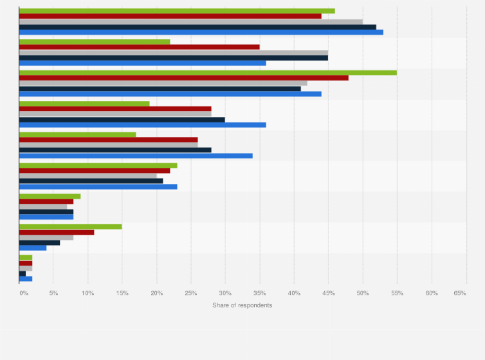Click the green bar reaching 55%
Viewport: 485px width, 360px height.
point(208,73)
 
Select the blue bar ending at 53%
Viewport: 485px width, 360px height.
point(201,32)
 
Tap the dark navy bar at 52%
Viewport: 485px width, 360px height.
point(197,26)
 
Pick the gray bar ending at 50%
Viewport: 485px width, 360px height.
point(190,21)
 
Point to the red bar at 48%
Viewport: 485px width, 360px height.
point(183,78)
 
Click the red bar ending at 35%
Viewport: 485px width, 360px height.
point(139,47)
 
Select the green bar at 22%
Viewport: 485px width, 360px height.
point(95,42)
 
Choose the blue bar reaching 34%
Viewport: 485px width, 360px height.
point(136,155)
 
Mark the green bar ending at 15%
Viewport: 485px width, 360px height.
point(70,226)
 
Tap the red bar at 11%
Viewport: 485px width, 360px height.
point(57,231)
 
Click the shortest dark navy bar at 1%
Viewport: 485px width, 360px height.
point(23,273)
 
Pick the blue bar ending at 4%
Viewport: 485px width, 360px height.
point(33,248)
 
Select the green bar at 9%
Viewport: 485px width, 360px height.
point(50,196)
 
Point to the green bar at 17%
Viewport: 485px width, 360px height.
point(77,134)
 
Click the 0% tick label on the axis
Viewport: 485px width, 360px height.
point(23,293)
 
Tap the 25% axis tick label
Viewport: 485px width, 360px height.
point(191,293)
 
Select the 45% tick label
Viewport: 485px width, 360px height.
point(328,293)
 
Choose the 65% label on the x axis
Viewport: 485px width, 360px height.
point(460,293)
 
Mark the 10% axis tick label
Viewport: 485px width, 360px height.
point(88,293)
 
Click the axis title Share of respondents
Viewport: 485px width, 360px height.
point(242,305)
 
